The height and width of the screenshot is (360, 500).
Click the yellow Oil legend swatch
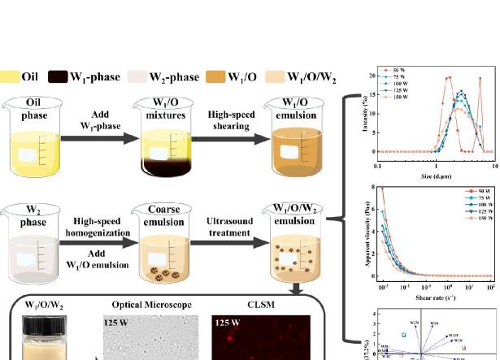tap(11, 78)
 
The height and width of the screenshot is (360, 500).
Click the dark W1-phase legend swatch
tap(61, 78)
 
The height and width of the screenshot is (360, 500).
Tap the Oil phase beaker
tap(36, 143)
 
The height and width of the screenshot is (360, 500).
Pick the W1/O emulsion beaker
tap(299, 143)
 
